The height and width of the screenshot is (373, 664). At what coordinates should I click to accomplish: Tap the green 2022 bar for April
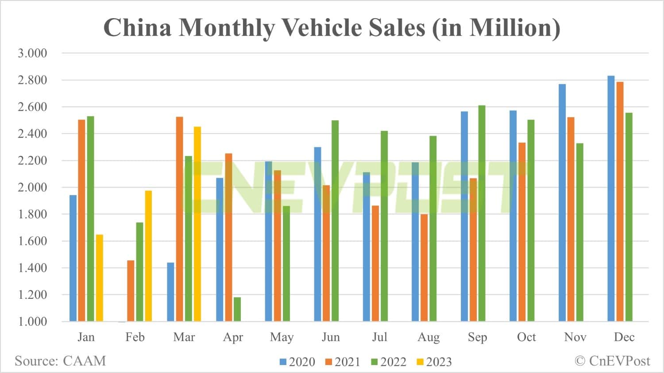(237, 309)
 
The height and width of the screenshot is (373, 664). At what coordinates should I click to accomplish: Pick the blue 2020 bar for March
(170, 292)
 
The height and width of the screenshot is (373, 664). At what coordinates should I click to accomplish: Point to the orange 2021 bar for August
(424, 267)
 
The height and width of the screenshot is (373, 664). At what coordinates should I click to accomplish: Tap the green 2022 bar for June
(335, 221)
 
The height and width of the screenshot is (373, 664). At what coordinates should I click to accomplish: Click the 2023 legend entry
(434, 362)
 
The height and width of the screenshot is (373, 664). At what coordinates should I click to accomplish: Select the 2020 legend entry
(297, 362)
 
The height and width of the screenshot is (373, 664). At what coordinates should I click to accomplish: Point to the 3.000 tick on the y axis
(32, 53)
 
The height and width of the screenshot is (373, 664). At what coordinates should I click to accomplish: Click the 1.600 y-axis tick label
(32, 241)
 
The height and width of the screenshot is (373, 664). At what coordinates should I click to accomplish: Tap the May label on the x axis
(282, 337)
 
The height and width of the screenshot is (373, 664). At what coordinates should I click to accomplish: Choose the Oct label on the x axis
(526, 337)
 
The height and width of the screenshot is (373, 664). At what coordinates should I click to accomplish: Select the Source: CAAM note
(60, 361)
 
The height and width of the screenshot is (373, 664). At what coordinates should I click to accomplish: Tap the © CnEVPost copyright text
(612, 361)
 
